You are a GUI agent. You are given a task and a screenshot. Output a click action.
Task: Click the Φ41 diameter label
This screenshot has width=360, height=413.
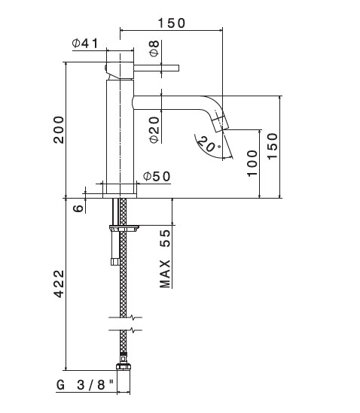pyautogui.click(x=85, y=44)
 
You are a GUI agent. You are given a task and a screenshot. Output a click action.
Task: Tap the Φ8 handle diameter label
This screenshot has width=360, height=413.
pyautogui.click(x=154, y=48)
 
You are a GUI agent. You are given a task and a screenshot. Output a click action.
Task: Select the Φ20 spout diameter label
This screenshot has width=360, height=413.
pyautogui.click(x=154, y=129)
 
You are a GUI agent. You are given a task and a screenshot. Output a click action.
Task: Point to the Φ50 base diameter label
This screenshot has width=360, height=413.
pyautogui.click(x=157, y=177)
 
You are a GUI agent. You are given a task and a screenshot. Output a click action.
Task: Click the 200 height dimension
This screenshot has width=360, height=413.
pyautogui.click(x=59, y=130)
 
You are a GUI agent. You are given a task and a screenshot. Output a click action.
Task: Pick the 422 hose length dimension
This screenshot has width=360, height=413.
pyautogui.click(x=59, y=284)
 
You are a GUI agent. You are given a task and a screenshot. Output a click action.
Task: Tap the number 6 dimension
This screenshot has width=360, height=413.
pyautogui.click(x=78, y=208)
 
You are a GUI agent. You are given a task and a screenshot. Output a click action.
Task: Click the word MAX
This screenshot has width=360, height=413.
pyautogui.click(x=165, y=274)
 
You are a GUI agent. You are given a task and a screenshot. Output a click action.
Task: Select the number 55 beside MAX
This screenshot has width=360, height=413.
pyautogui.click(x=166, y=238)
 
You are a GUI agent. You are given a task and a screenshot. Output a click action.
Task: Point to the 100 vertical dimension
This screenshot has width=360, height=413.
pyautogui.click(x=252, y=163)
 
